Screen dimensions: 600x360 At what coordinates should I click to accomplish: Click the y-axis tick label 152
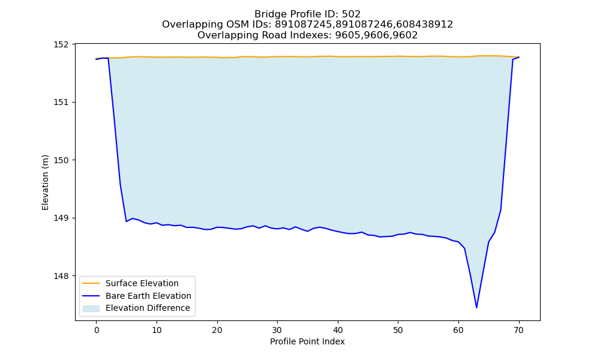61,44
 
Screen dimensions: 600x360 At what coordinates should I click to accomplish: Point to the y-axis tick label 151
61,102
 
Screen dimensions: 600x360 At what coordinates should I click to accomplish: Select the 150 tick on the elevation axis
61,160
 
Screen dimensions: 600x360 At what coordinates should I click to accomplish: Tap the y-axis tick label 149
61,218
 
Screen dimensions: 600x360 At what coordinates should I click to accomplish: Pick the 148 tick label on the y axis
61,276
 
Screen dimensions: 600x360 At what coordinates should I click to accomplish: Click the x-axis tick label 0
97,330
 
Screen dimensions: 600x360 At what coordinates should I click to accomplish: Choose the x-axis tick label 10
157,330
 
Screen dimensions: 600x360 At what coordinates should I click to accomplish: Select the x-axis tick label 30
277,330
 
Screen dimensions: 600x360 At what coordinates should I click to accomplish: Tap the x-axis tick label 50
398,330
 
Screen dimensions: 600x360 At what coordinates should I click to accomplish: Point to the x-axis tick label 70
519,330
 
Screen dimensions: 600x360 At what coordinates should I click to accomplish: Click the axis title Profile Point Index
307,341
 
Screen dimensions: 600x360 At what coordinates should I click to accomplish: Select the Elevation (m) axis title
45,182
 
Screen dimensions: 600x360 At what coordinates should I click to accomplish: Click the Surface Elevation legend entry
142,283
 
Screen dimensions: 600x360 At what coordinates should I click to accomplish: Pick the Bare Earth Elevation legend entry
148,296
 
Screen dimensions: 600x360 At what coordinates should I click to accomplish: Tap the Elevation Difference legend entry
148,308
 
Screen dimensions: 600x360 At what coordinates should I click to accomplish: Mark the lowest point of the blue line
476,308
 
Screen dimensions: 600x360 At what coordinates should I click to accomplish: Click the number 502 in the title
351,14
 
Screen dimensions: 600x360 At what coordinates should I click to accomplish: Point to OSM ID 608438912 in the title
424,25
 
